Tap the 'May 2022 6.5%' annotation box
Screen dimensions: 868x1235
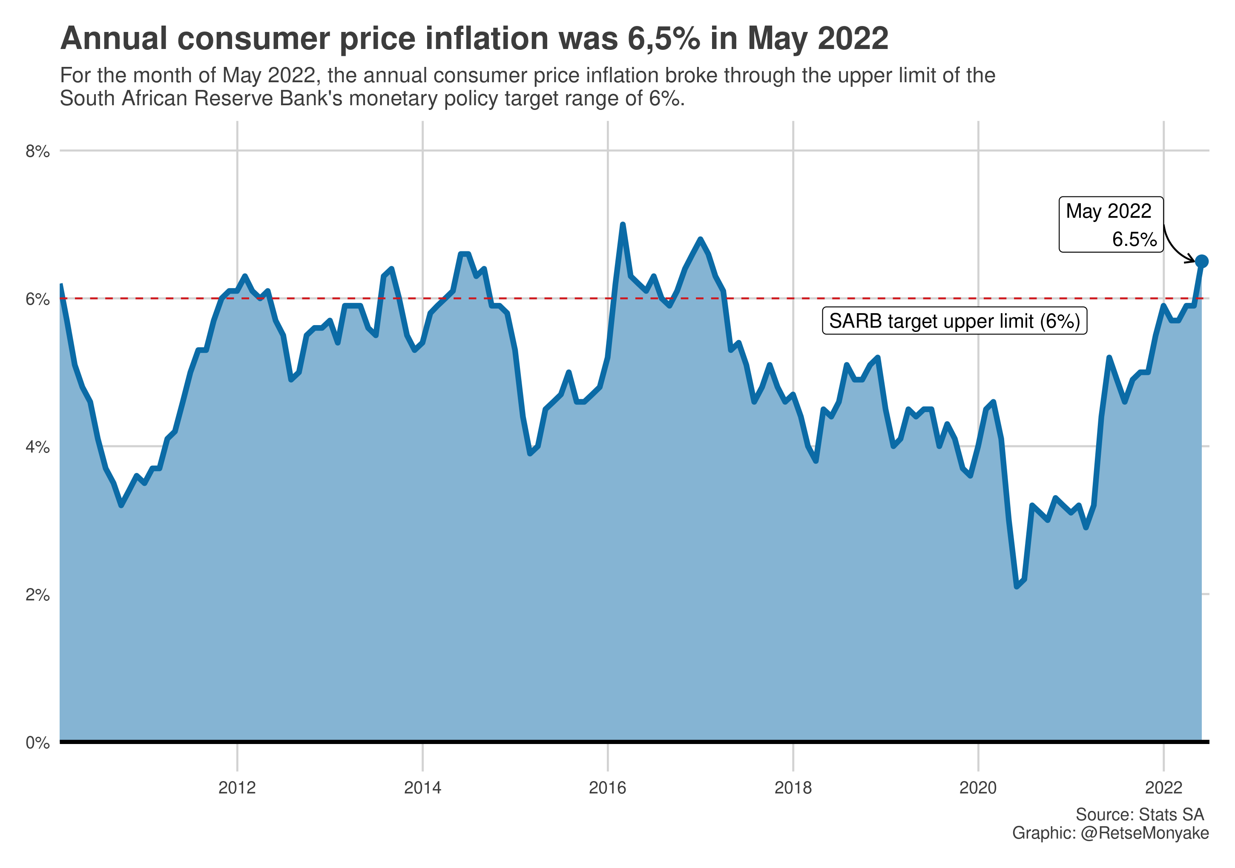point(1111,225)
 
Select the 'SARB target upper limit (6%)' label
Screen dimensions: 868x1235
point(954,321)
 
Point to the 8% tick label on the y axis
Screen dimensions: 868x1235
point(37,151)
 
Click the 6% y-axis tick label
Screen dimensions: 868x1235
point(37,299)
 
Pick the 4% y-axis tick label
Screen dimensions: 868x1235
point(37,447)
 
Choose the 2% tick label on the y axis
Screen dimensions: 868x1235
point(37,594)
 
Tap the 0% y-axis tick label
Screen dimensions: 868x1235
point(37,743)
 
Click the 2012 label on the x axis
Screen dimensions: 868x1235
point(237,788)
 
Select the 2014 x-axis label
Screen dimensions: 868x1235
point(422,788)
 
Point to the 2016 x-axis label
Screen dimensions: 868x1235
point(608,788)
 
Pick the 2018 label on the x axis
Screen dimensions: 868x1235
point(793,788)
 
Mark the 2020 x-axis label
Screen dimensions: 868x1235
point(978,788)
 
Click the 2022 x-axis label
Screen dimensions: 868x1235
point(1163,788)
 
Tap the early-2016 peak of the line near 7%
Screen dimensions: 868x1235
point(622,225)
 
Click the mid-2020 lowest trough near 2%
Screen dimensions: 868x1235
point(1017,586)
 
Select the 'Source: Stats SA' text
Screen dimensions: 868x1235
point(1139,815)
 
